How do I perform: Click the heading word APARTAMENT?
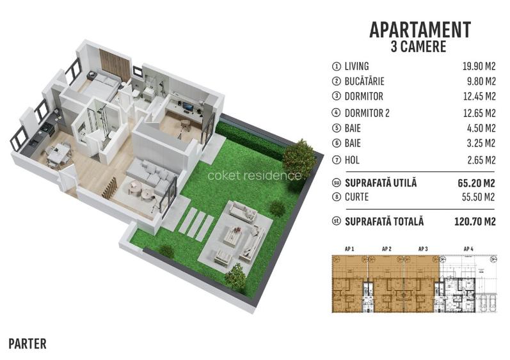[420, 30]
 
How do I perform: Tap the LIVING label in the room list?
[356, 67]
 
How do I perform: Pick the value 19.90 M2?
[478, 67]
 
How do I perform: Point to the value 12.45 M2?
[478, 97]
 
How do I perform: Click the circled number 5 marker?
[336, 129]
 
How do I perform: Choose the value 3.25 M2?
[480, 143]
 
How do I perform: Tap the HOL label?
[353, 159]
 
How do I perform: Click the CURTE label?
[356, 198]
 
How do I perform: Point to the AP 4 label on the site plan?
[468, 248]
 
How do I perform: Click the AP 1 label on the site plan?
[349, 248]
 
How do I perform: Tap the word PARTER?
[28, 344]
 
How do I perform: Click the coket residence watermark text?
[254, 175]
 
